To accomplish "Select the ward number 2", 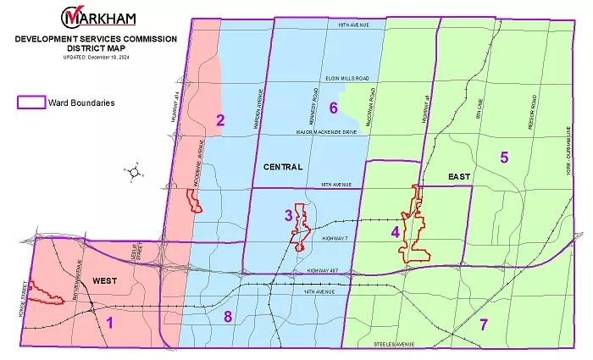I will click(219, 119).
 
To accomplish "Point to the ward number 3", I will click(288, 215).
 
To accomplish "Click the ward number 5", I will click(503, 157).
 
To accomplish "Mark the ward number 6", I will click(333, 108).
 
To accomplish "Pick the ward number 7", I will click(484, 324).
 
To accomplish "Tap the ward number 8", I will click(227, 318).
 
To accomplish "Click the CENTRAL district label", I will click(283, 167).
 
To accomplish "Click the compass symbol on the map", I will click(132, 171).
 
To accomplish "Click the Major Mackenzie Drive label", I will click(325, 130).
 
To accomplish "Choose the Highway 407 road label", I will click(324, 271).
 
